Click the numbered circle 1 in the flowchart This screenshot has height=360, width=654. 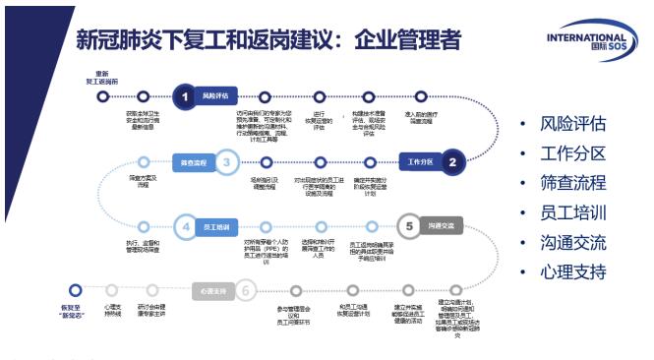[x=183, y=96]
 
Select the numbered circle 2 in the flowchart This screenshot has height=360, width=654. [x=452, y=161]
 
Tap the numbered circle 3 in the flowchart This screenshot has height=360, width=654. [x=226, y=161]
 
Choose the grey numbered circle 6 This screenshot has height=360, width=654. [x=246, y=290]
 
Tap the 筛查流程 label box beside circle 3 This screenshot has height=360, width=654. [x=193, y=161]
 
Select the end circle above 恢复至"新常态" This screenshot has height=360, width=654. [x=76, y=291]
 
